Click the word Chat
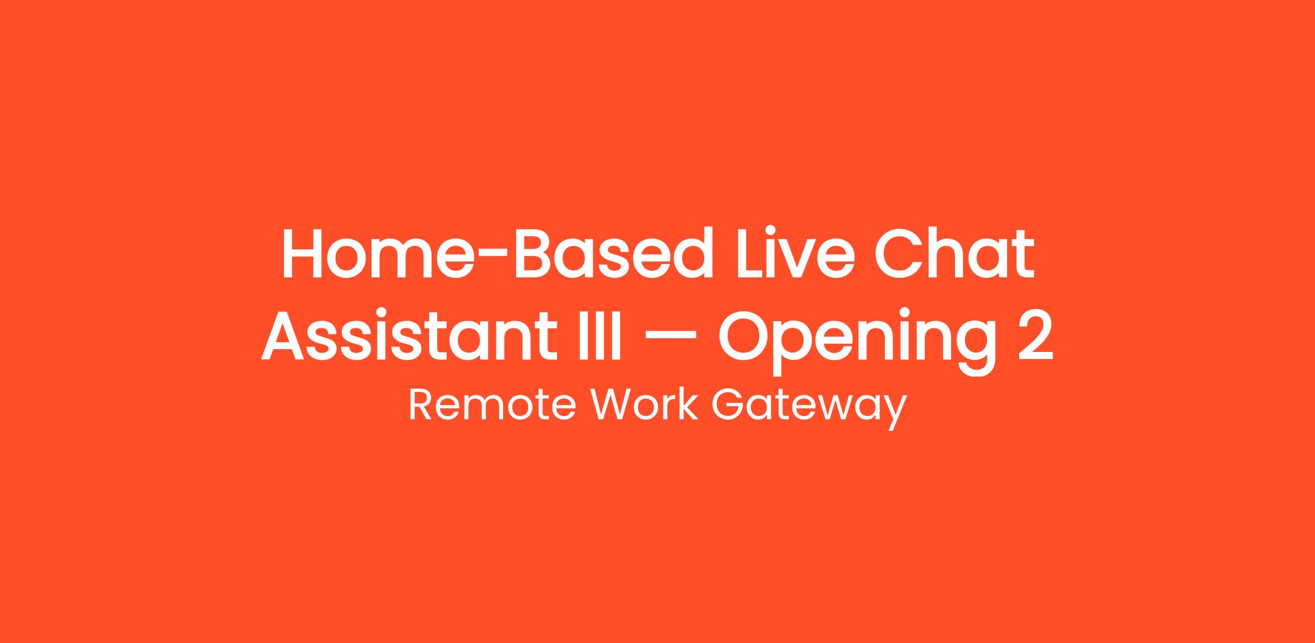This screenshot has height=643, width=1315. coord(954,253)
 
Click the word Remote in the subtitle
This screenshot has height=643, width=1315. coord(492,406)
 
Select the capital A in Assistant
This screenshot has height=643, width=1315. coord(283,335)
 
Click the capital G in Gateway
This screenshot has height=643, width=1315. coord(727,406)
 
